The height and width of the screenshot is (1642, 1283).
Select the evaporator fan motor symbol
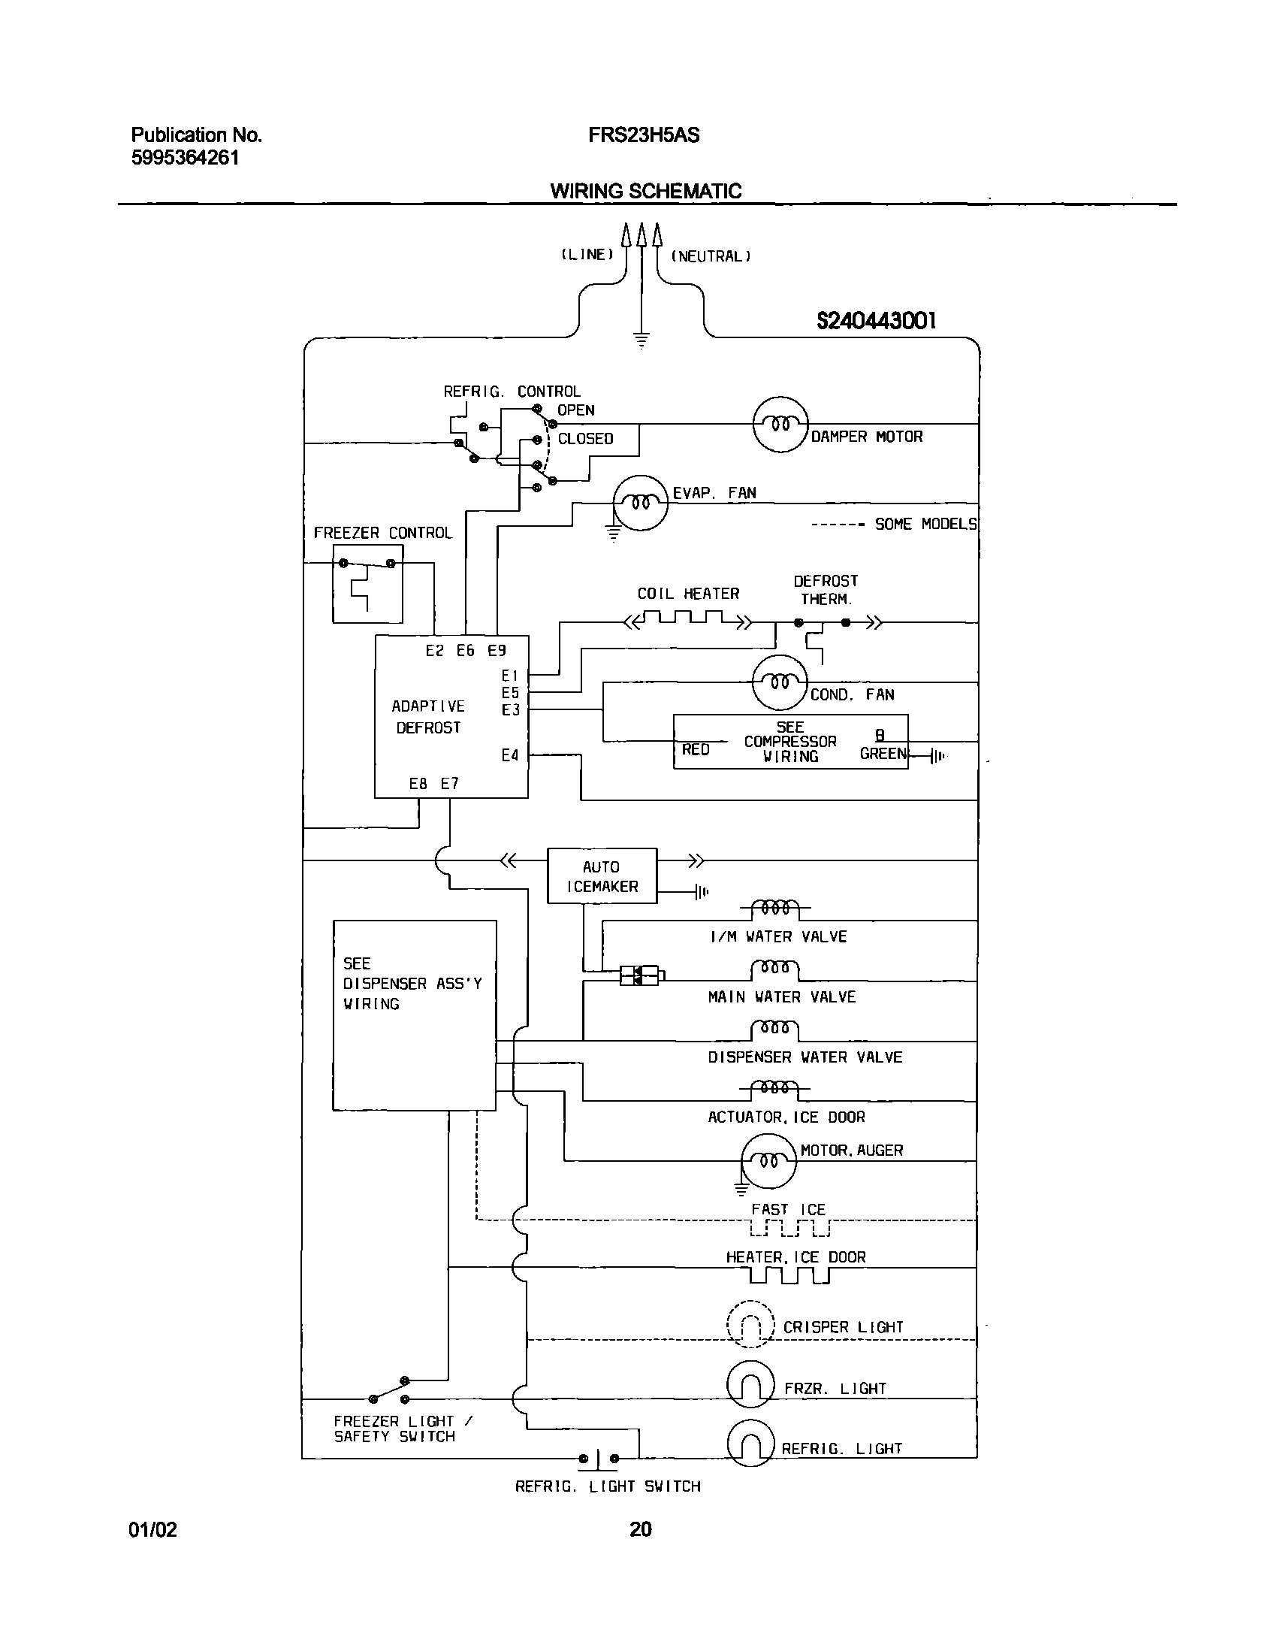(640, 502)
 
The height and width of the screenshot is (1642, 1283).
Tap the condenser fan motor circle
(780, 682)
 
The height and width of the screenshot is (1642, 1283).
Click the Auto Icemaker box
(601, 876)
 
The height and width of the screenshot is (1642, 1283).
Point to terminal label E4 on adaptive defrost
(510, 754)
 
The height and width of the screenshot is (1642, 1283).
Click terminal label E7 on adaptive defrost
(449, 783)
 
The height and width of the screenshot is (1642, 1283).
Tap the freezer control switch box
(367, 583)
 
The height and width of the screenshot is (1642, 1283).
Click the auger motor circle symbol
(768, 1161)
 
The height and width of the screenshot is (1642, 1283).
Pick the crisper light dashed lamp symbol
(751, 1326)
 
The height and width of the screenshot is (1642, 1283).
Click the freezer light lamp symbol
(750, 1386)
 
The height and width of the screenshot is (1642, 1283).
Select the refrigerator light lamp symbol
(750, 1444)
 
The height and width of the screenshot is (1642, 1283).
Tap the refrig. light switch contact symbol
(598, 1459)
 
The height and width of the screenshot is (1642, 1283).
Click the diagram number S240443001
(877, 321)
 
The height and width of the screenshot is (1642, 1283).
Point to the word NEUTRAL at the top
(711, 256)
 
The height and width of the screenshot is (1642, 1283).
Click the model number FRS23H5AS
(644, 135)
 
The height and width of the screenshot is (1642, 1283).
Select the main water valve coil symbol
(775, 969)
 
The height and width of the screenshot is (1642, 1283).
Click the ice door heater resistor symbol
(789, 1275)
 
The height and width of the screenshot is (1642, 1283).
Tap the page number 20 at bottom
(640, 1529)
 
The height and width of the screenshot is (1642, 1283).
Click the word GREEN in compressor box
(883, 753)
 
